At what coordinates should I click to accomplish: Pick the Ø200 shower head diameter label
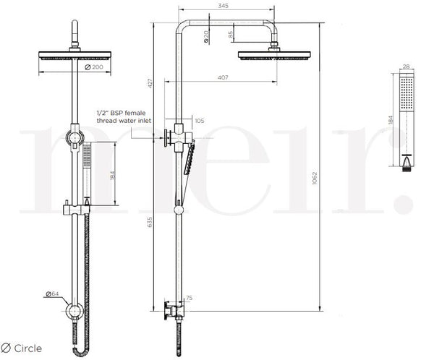(93, 67)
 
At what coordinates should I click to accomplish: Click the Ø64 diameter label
(51, 293)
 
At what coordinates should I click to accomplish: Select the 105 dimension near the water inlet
(200, 121)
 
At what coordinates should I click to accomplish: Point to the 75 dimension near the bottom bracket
(190, 297)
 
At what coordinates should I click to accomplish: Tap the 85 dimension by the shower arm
(231, 33)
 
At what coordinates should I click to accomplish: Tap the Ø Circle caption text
(22, 348)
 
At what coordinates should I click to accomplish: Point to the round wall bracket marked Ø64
(74, 312)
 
